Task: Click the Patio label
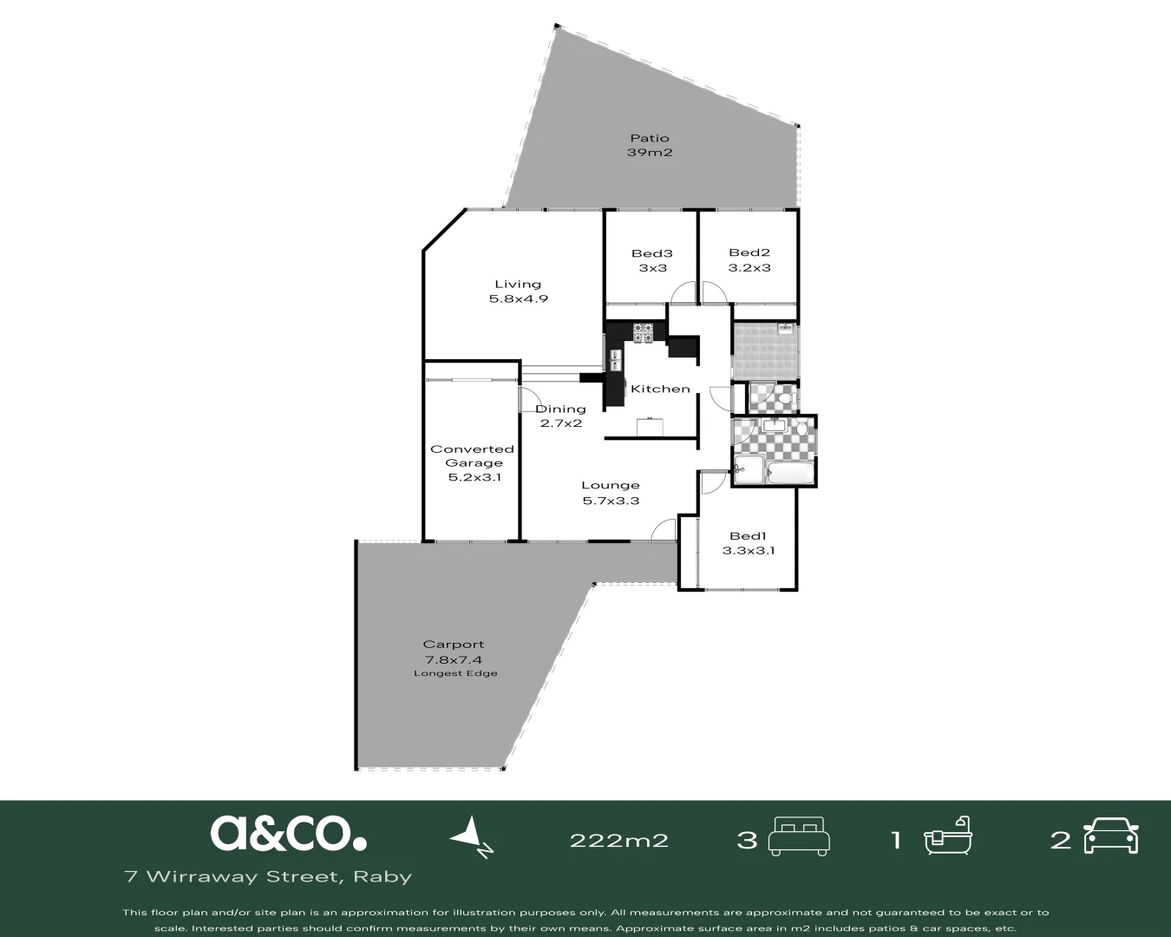pos(650,138)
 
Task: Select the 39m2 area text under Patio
pos(650,153)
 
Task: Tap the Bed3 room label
pos(652,253)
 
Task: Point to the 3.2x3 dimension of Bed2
pos(749,268)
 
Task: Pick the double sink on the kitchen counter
pos(615,360)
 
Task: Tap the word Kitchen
pos(660,389)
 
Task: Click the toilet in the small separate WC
pos(783,398)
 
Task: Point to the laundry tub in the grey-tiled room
pos(785,329)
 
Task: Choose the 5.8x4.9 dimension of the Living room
pos(518,298)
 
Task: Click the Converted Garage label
pos(472,455)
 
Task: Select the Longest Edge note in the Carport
pos(455,673)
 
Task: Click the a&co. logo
pos(288,833)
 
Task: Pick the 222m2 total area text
pos(618,840)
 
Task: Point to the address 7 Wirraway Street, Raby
pos(269,876)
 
